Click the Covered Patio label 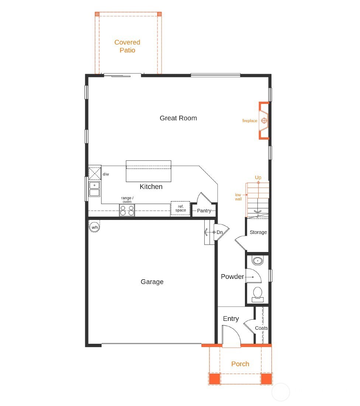[127, 46]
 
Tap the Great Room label [178, 118]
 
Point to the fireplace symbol [264, 121]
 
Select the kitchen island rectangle [149, 171]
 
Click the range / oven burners [127, 210]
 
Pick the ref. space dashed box [180, 209]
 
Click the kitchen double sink [95, 189]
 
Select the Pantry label [204, 211]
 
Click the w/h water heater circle [95, 227]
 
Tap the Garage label [152, 282]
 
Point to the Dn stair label [219, 232]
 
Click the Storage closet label [258, 232]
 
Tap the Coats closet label [262, 328]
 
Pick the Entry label [231, 319]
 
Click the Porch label [240, 364]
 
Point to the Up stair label [258, 178]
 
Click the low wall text [238, 197]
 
